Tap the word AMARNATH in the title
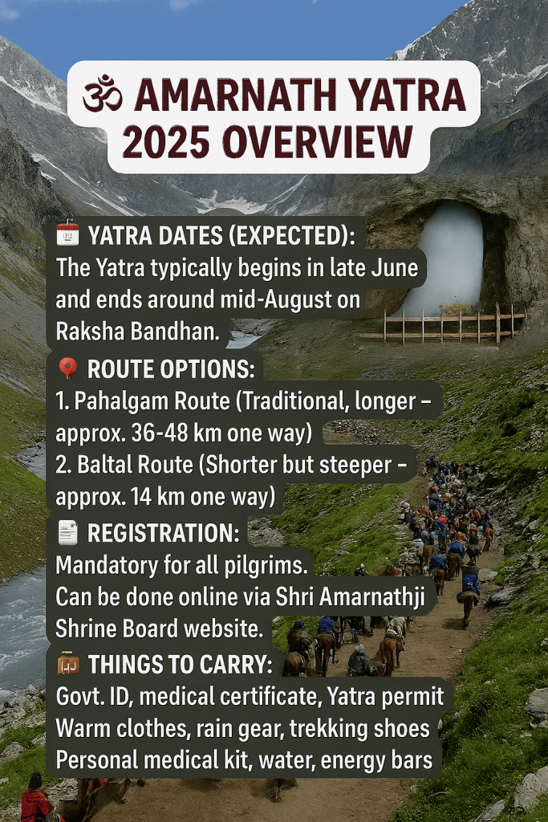click(235, 95)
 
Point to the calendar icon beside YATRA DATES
click(67, 234)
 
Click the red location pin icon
click(67, 368)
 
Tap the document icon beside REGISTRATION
click(67, 533)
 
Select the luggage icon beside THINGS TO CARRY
click(68, 664)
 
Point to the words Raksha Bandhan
click(138, 332)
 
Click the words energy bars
click(376, 761)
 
